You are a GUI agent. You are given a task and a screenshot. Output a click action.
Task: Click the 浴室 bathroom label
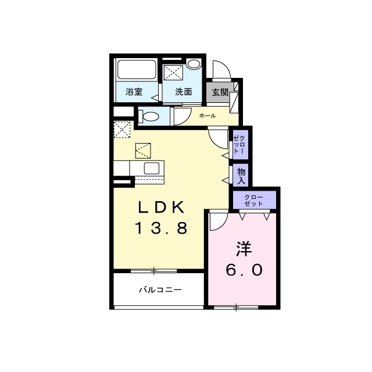(x=134, y=92)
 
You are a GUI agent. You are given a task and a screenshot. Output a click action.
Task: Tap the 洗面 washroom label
(x=184, y=92)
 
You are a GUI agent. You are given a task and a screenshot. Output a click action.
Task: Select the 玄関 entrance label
(x=220, y=92)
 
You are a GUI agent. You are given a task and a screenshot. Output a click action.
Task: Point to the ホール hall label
(x=208, y=116)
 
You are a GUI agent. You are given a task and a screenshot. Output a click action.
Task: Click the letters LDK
(x=162, y=208)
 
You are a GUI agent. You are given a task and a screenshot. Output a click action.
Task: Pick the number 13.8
(x=162, y=228)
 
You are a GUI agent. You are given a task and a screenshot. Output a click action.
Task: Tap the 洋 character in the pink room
(x=244, y=249)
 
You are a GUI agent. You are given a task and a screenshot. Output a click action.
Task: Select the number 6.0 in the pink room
(x=244, y=270)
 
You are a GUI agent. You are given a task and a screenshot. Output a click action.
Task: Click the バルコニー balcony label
(x=160, y=289)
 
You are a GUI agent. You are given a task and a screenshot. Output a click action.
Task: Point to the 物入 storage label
(x=241, y=176)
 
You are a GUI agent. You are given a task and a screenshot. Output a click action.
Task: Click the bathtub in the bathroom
(x=137, y=69)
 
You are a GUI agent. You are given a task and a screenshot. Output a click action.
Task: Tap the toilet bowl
(x=149, y=117)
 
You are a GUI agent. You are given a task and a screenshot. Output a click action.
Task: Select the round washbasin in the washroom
(x=194, y=64)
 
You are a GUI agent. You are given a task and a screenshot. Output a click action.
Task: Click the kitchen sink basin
(x=151, y=168)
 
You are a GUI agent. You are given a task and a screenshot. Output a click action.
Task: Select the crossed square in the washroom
(x=173, y=73)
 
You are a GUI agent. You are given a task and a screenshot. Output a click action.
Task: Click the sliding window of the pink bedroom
(x=236, y=307)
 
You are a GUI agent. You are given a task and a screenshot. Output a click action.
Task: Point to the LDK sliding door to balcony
(x=153, y=271)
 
